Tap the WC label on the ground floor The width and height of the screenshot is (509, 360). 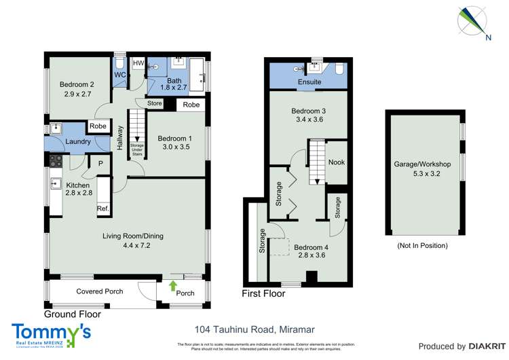pyautogui.click(x=119, y=75)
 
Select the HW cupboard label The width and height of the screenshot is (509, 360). pyautogui.click(x=138, y=64)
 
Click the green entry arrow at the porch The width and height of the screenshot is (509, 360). pyautogui.click(x=172, y=285)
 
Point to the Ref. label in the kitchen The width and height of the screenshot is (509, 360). pyautogui.click(x=102, y=209)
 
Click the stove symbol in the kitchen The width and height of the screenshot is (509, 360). pyautogui.click(x=56, y=162)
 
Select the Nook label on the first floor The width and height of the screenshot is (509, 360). pyautogui.click(x=336, y=162)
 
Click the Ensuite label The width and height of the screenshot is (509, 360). pyautogui.click(x=308, y=83)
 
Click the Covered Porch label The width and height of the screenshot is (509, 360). pyautogui.click(x=99, y=291)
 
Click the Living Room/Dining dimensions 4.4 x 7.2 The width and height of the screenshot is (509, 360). pyautogui.click(x=132, y=246)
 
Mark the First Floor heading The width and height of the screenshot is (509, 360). pyautogui.click(x=263, y=294)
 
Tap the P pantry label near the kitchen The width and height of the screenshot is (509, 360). pyautogui.click(x=100, y=163)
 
